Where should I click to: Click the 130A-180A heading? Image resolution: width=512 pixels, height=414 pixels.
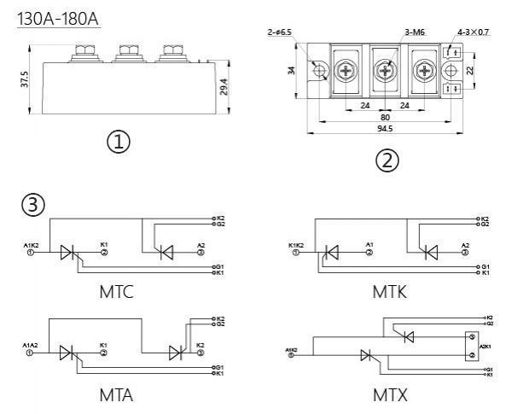click(x=57, y=18)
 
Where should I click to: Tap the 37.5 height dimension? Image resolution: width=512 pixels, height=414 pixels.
click(x=26, y=79)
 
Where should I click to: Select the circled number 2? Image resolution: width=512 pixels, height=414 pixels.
click(x=388, y=160)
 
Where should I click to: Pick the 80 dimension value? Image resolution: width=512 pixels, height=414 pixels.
click(x=385, y=118)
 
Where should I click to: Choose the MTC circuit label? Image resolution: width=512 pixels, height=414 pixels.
click(x=117, y=293)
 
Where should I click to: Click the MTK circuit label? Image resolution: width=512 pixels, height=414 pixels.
click(x=389, y=293)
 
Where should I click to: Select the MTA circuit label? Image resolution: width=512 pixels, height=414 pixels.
click(x=117, y=395)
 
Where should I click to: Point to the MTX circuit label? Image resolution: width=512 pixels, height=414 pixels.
click(x=390, y=395)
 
